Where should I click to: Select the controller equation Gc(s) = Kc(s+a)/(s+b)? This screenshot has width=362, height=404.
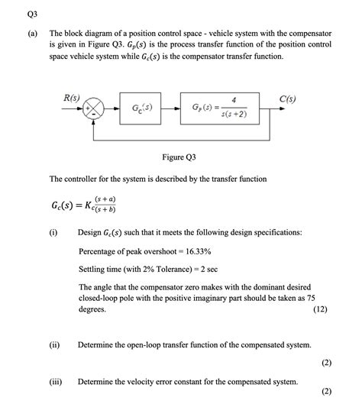84,207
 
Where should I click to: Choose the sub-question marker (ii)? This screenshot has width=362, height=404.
54,345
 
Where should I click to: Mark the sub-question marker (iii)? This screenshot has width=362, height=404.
55,381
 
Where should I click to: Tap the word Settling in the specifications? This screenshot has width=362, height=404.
95,269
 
